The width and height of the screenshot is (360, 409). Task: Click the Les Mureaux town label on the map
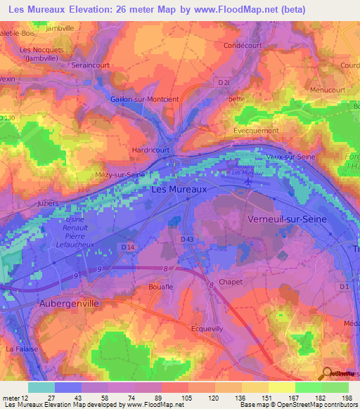pyautogui.click(x=179, y=189)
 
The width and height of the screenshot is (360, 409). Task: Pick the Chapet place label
pyautogui.click(x=230, y=282)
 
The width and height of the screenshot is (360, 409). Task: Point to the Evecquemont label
pyautogui.click(x=257, y=131)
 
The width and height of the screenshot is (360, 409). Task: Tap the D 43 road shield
pyautogui.click(x=187, y=240)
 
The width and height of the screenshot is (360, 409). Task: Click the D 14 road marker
pyautogui.click(x=127, y=247)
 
